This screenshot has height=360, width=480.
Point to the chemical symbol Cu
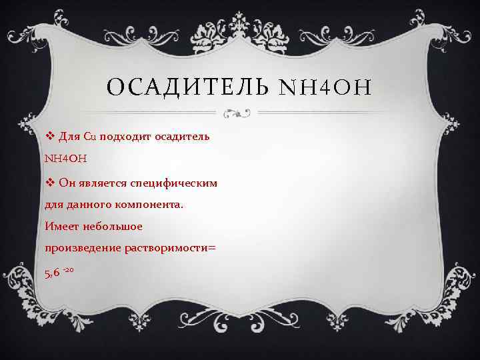90,137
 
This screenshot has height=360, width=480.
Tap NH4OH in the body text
65,159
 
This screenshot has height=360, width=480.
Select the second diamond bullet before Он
49,182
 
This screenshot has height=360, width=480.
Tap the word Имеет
61,227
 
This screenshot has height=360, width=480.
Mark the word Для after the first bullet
69,137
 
